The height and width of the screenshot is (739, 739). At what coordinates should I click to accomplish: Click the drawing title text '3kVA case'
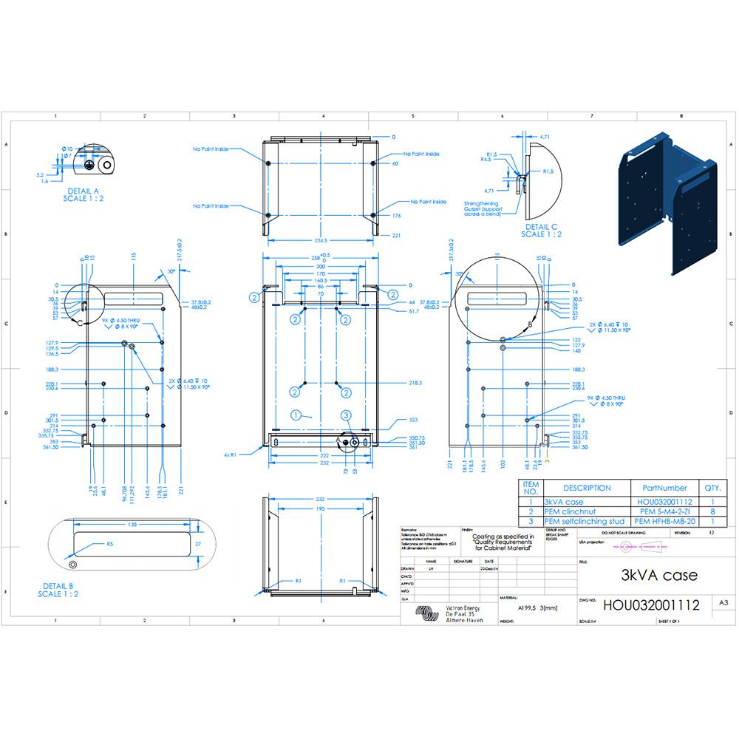(659, 574)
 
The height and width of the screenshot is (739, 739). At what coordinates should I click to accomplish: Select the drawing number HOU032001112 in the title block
(651, 605)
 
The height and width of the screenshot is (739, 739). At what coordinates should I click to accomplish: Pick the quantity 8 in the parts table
(712, 511)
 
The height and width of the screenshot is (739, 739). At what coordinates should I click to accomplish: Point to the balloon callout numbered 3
(346, 415)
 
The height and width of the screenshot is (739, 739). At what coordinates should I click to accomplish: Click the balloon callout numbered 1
(296, 415)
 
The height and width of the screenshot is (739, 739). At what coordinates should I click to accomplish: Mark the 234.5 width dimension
(321, 240)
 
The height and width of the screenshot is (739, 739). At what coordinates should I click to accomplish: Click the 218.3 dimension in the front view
(415, 383)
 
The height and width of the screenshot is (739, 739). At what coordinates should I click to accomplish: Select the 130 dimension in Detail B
(131, 525)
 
